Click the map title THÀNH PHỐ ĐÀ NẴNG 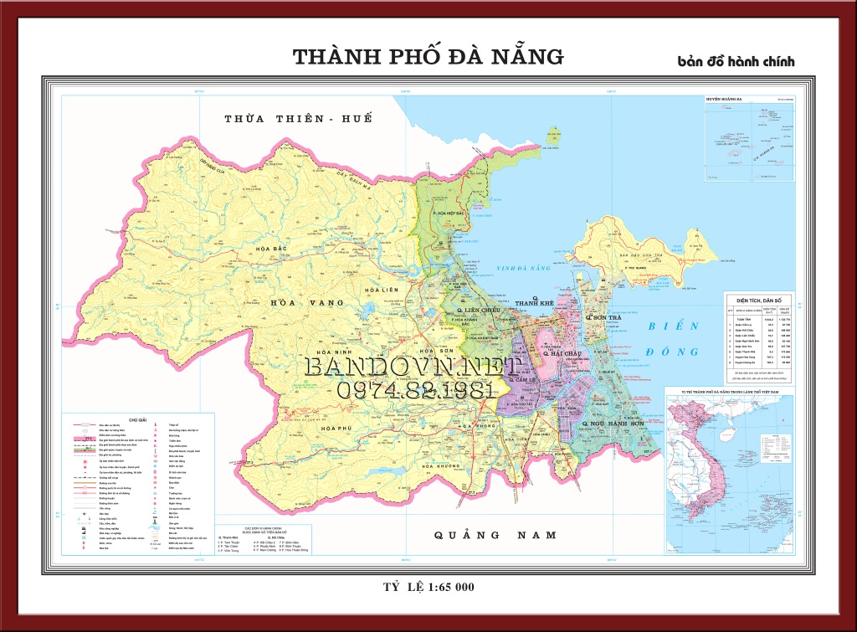428,57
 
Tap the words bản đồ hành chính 736,61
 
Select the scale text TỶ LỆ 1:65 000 428,587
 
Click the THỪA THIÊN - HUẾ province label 297,119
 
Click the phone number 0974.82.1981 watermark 412,391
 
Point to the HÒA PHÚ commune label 335,429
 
